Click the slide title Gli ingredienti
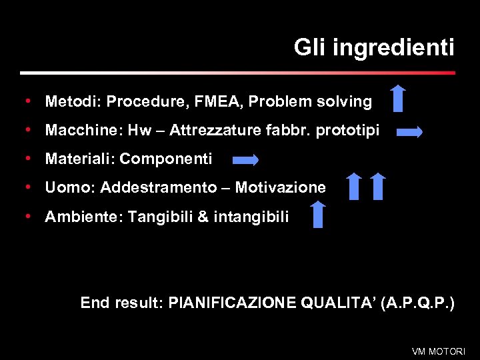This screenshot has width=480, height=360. (x=374, y=48)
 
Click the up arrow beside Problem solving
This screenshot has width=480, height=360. (x=398, y=98)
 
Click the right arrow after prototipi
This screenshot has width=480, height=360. (x=409, y=132)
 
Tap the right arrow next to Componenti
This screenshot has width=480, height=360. (x=246, y=159)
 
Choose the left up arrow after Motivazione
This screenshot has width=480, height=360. (x=355, y=186)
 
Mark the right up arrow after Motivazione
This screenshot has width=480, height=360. (x=378, y=186)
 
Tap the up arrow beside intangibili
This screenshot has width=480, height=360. (x=318, y=215)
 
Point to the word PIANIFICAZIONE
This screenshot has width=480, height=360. (x=233, y=303)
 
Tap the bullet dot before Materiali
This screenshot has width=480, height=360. (x=28, y=159)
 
